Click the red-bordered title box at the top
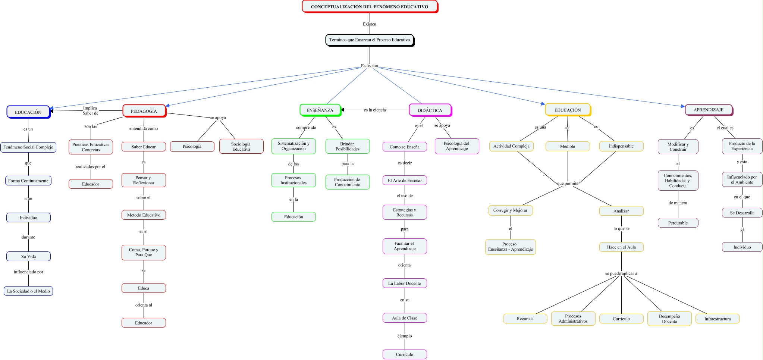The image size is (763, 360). tap(369, 7)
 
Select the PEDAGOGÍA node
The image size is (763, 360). tap(144, 111)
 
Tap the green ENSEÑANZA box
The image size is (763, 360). tap(320, 110)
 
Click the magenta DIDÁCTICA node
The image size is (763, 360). tap(430, 110)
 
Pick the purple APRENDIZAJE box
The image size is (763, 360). tap(708, 110)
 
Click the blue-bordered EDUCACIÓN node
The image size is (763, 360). tap(28, 112)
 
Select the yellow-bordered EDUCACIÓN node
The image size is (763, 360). tap(567, 110)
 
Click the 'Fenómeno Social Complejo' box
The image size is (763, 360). tap(28, 147)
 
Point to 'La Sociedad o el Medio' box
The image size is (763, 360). tap(28, 291)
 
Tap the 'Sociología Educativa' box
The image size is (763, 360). tap(241, 147)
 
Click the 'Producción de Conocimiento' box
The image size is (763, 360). tap(347, 182)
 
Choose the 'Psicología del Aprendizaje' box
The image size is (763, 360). tap(456, 146)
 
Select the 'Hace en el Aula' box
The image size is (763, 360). tap(621, 247)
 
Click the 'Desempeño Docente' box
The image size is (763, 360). tap(669, 319)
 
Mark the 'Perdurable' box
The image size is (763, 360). tap(678, 223)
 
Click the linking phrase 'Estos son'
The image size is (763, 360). tap(369, 66)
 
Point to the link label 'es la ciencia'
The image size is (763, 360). tap(375, 110)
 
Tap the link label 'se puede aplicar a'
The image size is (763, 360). tap(621, 273)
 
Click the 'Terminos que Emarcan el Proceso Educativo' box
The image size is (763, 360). tap(369, 40)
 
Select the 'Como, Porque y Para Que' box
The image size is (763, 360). tap(144, 252)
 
